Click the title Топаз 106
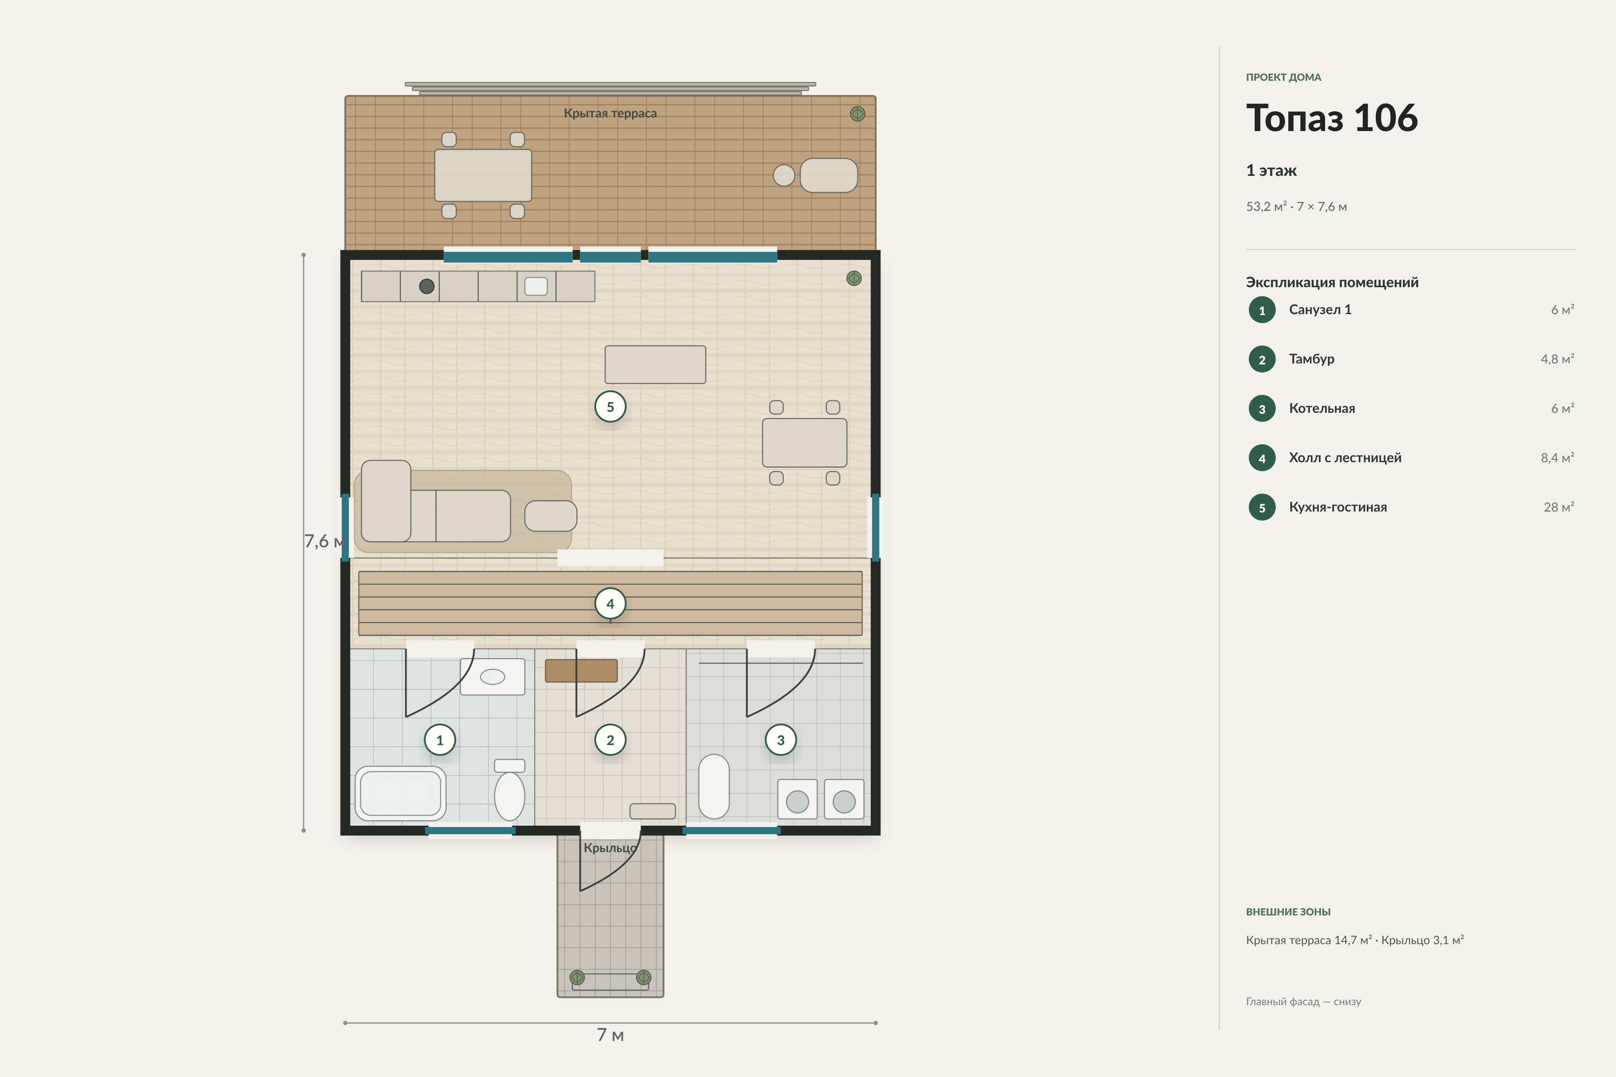[1331, 118]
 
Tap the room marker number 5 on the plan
[610, 407]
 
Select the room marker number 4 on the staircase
[610, 604]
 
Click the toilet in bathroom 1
[510, 790]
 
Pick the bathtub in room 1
[400, 793]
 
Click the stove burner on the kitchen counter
[427, 286]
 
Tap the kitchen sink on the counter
[536, 286]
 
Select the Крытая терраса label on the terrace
[610, 114]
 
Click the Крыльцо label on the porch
[610, 848]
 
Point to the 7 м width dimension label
[610, 1034]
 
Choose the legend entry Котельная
[1322, 408]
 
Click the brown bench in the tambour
[581, 670]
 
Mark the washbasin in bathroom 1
[492, 677]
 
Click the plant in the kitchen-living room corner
[854, 278]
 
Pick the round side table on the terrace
[784, 175]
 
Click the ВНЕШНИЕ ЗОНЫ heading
[1288, 911]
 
